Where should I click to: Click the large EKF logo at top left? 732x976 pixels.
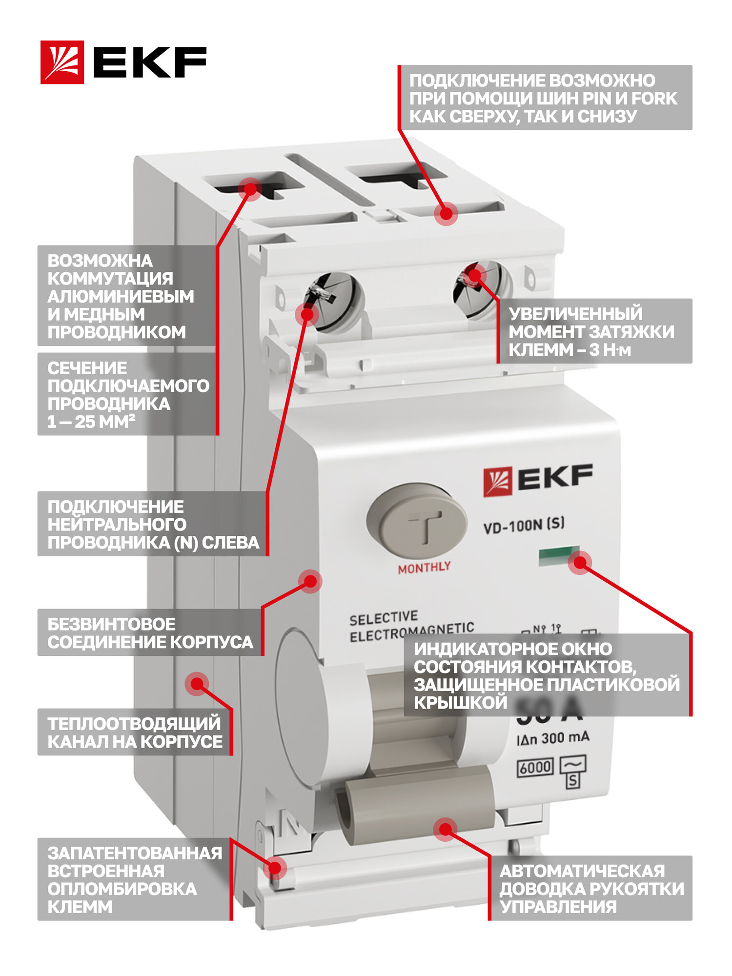[x=123, y=62]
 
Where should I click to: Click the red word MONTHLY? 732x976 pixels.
[x=424, y=568]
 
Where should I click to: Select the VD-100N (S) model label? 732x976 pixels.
[x=524, y=526]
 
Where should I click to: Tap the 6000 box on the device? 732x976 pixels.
[x=535, y=768]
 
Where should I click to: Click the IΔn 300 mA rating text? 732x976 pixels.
[x=552, y=738]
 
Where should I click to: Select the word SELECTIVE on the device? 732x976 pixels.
[x=384, y=619]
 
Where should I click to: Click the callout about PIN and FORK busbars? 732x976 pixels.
[x=545, y=98]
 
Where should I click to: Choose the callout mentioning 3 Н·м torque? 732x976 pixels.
[x=594, y=331]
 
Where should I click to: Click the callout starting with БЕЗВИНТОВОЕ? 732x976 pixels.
[x=150, y=633]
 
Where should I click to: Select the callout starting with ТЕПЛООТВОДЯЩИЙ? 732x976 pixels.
[x=135, y=732]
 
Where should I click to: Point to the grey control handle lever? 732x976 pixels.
[x=420, y=803]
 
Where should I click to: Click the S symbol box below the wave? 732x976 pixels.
[x=572, y=781]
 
